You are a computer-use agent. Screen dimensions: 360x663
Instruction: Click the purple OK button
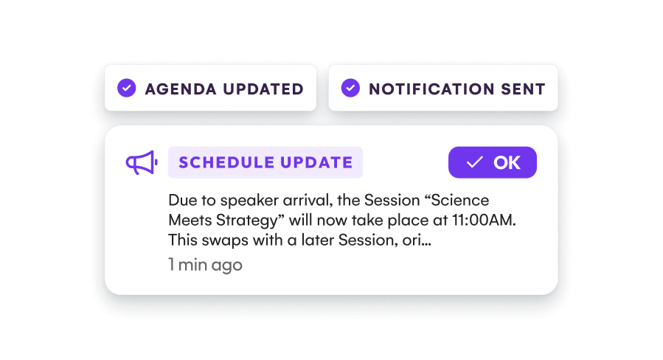click(x=492, y=163)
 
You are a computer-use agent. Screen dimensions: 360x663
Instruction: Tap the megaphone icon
click(x=141, y=163)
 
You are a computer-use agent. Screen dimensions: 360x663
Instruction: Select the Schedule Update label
click(x=265, y=163)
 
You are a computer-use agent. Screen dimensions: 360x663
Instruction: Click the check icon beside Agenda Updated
click(x=127, y=89)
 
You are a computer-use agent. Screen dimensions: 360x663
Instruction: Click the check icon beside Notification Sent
click(x=350, y=89)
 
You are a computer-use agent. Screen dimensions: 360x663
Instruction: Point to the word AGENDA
click(x=177, y=89)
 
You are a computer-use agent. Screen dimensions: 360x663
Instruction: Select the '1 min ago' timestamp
click(x=205, y=265)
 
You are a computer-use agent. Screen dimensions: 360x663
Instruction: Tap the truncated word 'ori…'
click(x=416, y=240)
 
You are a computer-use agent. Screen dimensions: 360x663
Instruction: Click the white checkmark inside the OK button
click(x=474, y=163)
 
